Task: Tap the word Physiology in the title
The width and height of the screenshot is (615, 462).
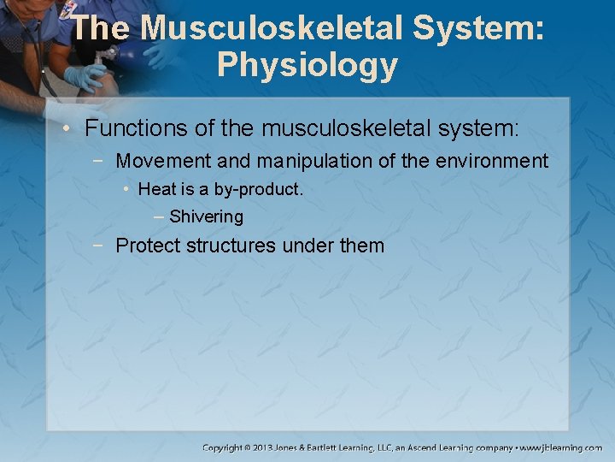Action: click(307, 65)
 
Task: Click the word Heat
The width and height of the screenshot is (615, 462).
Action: click(156, 189)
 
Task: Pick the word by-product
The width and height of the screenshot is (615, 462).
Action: click(261, 189)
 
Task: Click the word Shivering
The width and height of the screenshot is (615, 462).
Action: click(206, 217)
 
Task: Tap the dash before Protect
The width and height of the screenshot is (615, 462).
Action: click(101, 246)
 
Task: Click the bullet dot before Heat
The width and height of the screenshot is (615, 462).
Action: click(126, 189)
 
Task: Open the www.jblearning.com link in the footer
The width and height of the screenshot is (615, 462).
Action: click(562, 447)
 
